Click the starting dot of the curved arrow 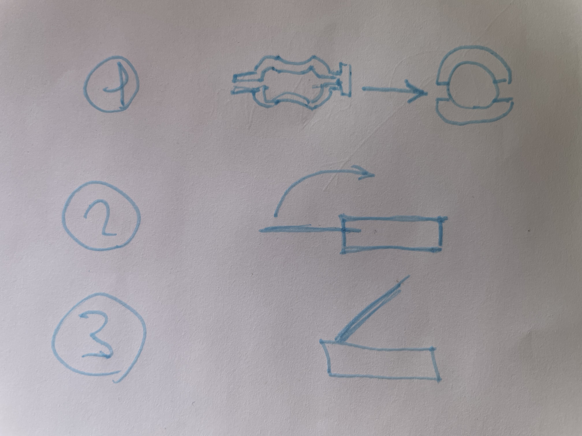[x=276, y=216]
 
